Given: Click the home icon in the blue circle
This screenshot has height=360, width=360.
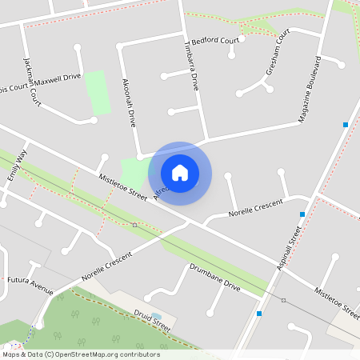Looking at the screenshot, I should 180,172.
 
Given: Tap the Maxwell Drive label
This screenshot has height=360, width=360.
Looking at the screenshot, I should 58,78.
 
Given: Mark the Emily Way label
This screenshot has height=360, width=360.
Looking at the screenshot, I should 17,164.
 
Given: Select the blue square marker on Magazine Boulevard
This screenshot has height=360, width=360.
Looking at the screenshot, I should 345,125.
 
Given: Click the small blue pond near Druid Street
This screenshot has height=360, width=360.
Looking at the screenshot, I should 156,317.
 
